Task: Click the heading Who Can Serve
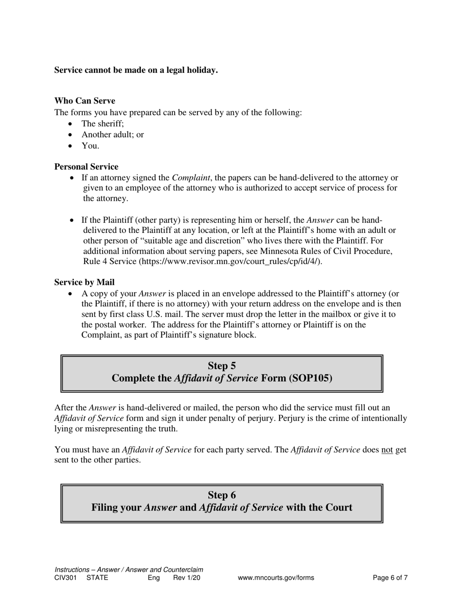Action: pyautogui.click(x=85, y=101)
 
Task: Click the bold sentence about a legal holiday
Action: pyautogui.click(x=136, y=70)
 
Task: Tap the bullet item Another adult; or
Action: pyautogui.click(x=112, y=135)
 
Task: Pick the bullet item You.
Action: pyautogui.click(x=90, y=145)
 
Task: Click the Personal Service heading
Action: pyautogui.click(x=86, y=167)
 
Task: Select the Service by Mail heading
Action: pyautogui.click(x=84, y=282)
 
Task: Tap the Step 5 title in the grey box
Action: pyautogui.click(x=222, y=366)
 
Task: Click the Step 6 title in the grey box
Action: pyautogui.click(x=222, y=495)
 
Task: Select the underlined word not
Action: pyautogui.click(x=387, y=450)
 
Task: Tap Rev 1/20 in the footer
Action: pyautogui.click(x=187, y=578)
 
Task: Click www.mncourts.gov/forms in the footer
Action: pyautogui.click(x=276, y=578)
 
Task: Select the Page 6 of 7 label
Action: pyautogui.click(x=390, y=578)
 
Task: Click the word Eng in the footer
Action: pyautogui.click(x=154, y=578)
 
